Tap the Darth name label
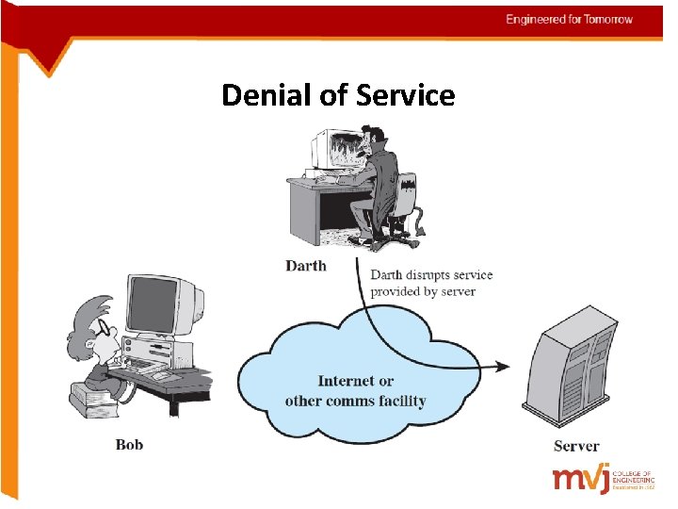tap(306, 266)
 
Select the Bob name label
tap(129, 444)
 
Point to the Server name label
tap(576, 446)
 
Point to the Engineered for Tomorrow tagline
tap(569, 19)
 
